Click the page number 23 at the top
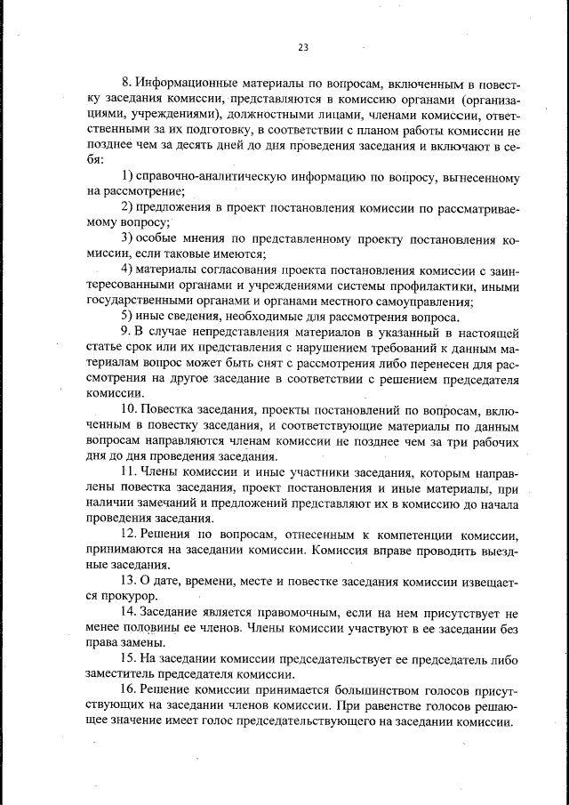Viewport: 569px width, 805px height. point(303,47)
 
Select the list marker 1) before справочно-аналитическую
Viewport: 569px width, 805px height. point(127,178)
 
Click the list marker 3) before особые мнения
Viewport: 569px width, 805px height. point(127,239)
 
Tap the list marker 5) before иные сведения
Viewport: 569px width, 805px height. point(127,316)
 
